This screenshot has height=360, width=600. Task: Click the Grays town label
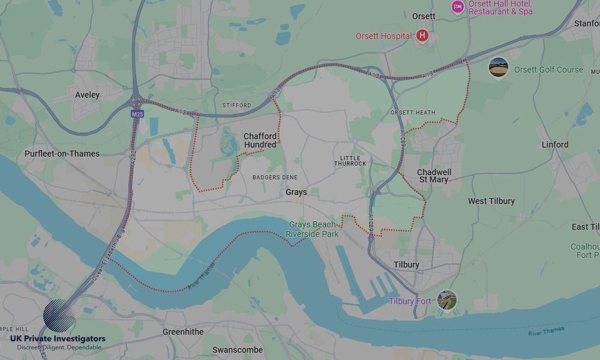point(296,193)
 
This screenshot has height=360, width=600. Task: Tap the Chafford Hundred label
point(260,140)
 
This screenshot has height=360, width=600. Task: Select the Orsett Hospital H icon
point(422,36)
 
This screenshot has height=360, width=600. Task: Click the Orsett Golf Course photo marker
point(499,67)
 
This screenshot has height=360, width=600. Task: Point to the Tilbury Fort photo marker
point(446,300)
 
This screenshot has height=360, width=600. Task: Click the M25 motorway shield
point(137,113)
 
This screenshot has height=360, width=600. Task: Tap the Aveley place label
point(88,95)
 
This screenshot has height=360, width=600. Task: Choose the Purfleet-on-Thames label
point(62,154)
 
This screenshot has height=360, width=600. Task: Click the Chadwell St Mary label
point(434,176)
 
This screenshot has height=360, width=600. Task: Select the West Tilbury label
point(491,201)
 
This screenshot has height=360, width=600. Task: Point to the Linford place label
point(554,145)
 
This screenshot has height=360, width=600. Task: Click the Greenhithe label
point(183,332)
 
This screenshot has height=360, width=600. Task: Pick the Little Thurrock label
point(350,161)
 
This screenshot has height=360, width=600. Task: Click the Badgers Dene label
point(275,178)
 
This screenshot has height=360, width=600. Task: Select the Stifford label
point(236,106)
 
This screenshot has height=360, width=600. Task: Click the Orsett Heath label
point(412,113)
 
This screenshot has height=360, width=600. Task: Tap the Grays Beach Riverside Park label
point(312,229)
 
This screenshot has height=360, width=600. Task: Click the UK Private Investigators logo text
point(58,339)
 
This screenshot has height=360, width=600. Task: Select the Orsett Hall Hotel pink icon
point(458,7)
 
